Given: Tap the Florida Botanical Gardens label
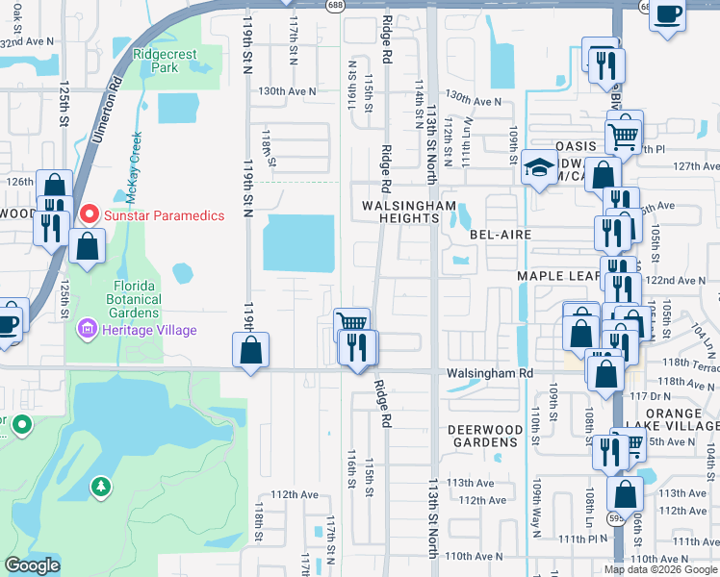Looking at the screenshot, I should [x=120, y=299].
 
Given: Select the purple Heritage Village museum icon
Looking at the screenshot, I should [x=88, y=331].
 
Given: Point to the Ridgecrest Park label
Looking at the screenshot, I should [x=156, y=62].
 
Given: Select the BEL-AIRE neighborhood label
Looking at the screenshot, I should [x=501, y=234].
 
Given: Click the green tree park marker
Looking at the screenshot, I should [x=100, y=488].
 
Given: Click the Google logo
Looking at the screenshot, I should [x=32, y=565].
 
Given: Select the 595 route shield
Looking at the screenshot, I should [x=613, y=518].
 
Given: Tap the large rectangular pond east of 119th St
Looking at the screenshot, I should [x=298, y=242].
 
